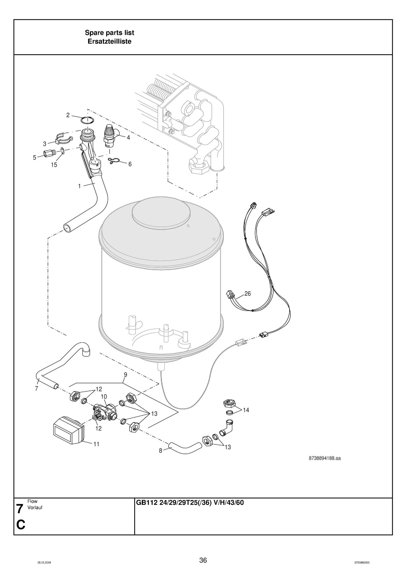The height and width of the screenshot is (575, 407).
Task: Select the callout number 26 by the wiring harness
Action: click(247, 294)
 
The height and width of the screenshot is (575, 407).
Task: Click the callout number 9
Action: click(125, 375)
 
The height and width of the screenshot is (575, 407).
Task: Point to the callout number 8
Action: click(160, 450)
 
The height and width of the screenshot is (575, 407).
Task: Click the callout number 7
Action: click(36, 388)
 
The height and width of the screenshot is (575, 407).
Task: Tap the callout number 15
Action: click(54, 165)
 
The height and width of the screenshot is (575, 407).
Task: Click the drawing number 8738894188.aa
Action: click(324, 458)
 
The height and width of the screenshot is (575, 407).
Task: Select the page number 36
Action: click(203, 560)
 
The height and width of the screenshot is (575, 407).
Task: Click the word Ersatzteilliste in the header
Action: click(109, 42)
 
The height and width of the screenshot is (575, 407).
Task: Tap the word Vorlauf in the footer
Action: click(35, 508)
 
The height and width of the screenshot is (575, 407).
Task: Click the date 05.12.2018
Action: click(44, 563)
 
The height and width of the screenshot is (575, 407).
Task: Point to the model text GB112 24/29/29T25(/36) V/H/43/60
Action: click(190, 503)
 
